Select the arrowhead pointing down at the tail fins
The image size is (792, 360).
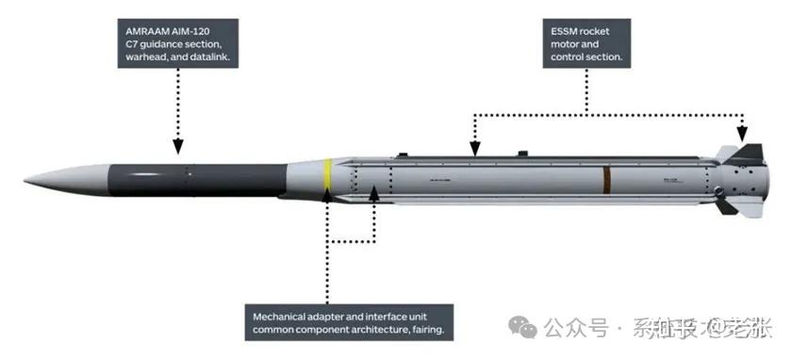[x=743, y=136]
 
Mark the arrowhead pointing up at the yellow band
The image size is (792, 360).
[x=327, y=196]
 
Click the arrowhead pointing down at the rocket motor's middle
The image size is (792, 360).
[x=474, y=147]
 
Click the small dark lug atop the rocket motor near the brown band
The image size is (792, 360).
[x=521, y=152]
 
